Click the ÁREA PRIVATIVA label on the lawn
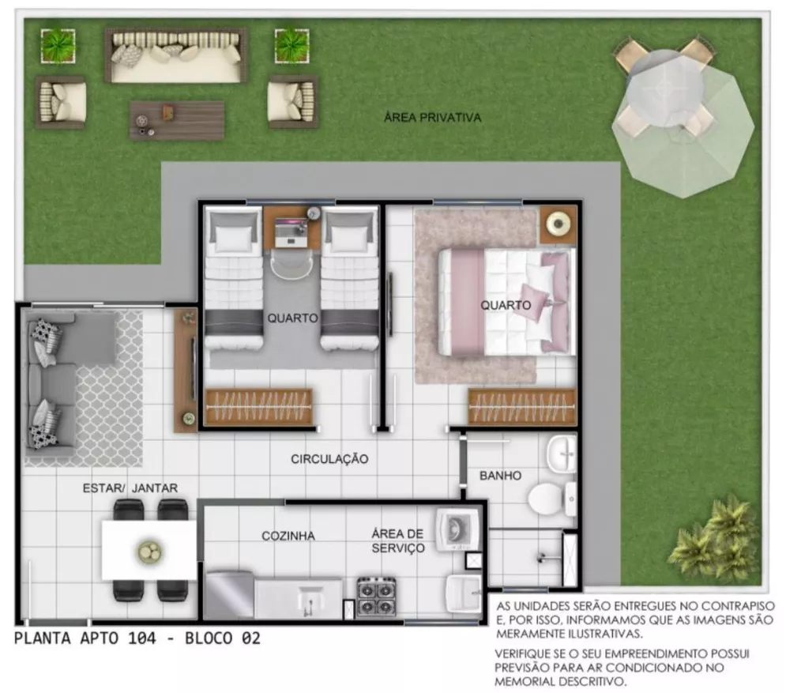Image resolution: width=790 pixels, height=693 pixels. click(432, 117)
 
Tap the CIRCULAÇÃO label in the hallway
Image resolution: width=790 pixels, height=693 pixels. click(329, 458)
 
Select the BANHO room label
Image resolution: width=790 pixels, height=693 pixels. click(500, 476)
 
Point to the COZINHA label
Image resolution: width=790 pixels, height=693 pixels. click(288, 536)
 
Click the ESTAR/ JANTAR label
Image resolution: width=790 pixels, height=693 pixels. click(130, 488)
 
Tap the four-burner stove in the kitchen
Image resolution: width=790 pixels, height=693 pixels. click(376, 597)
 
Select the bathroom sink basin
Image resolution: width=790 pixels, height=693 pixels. click(562, 454)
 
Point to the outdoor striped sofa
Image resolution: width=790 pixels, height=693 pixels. click(176, 55)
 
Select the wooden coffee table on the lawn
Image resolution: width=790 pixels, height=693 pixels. click(177, 119)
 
